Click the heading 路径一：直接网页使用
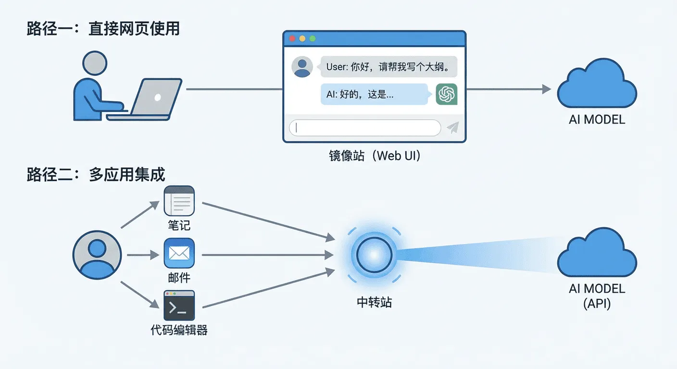[103, 29]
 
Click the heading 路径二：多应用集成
[96, 175]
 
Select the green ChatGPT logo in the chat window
[447, 94]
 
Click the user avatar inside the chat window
[302, 67]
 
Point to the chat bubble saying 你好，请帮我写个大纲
[388, 67]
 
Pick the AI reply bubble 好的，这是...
[374, 94]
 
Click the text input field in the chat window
[364, 128]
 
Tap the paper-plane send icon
[452, 127]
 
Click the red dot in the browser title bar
[291, 38]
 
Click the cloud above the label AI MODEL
[597, 86]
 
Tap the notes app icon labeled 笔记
[179, 201]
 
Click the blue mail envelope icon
[179, 253]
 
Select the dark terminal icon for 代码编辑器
[179, 306]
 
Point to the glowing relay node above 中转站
[374, 254]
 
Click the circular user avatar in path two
[97, 255]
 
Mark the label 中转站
[374, 302]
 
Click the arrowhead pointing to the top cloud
[546, 89]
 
